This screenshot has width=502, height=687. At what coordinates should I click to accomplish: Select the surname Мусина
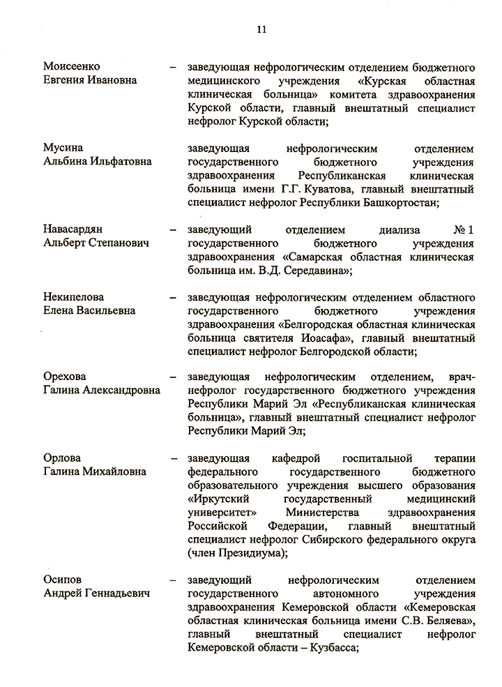63,148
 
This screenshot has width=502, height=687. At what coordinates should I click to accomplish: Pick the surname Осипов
63,580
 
